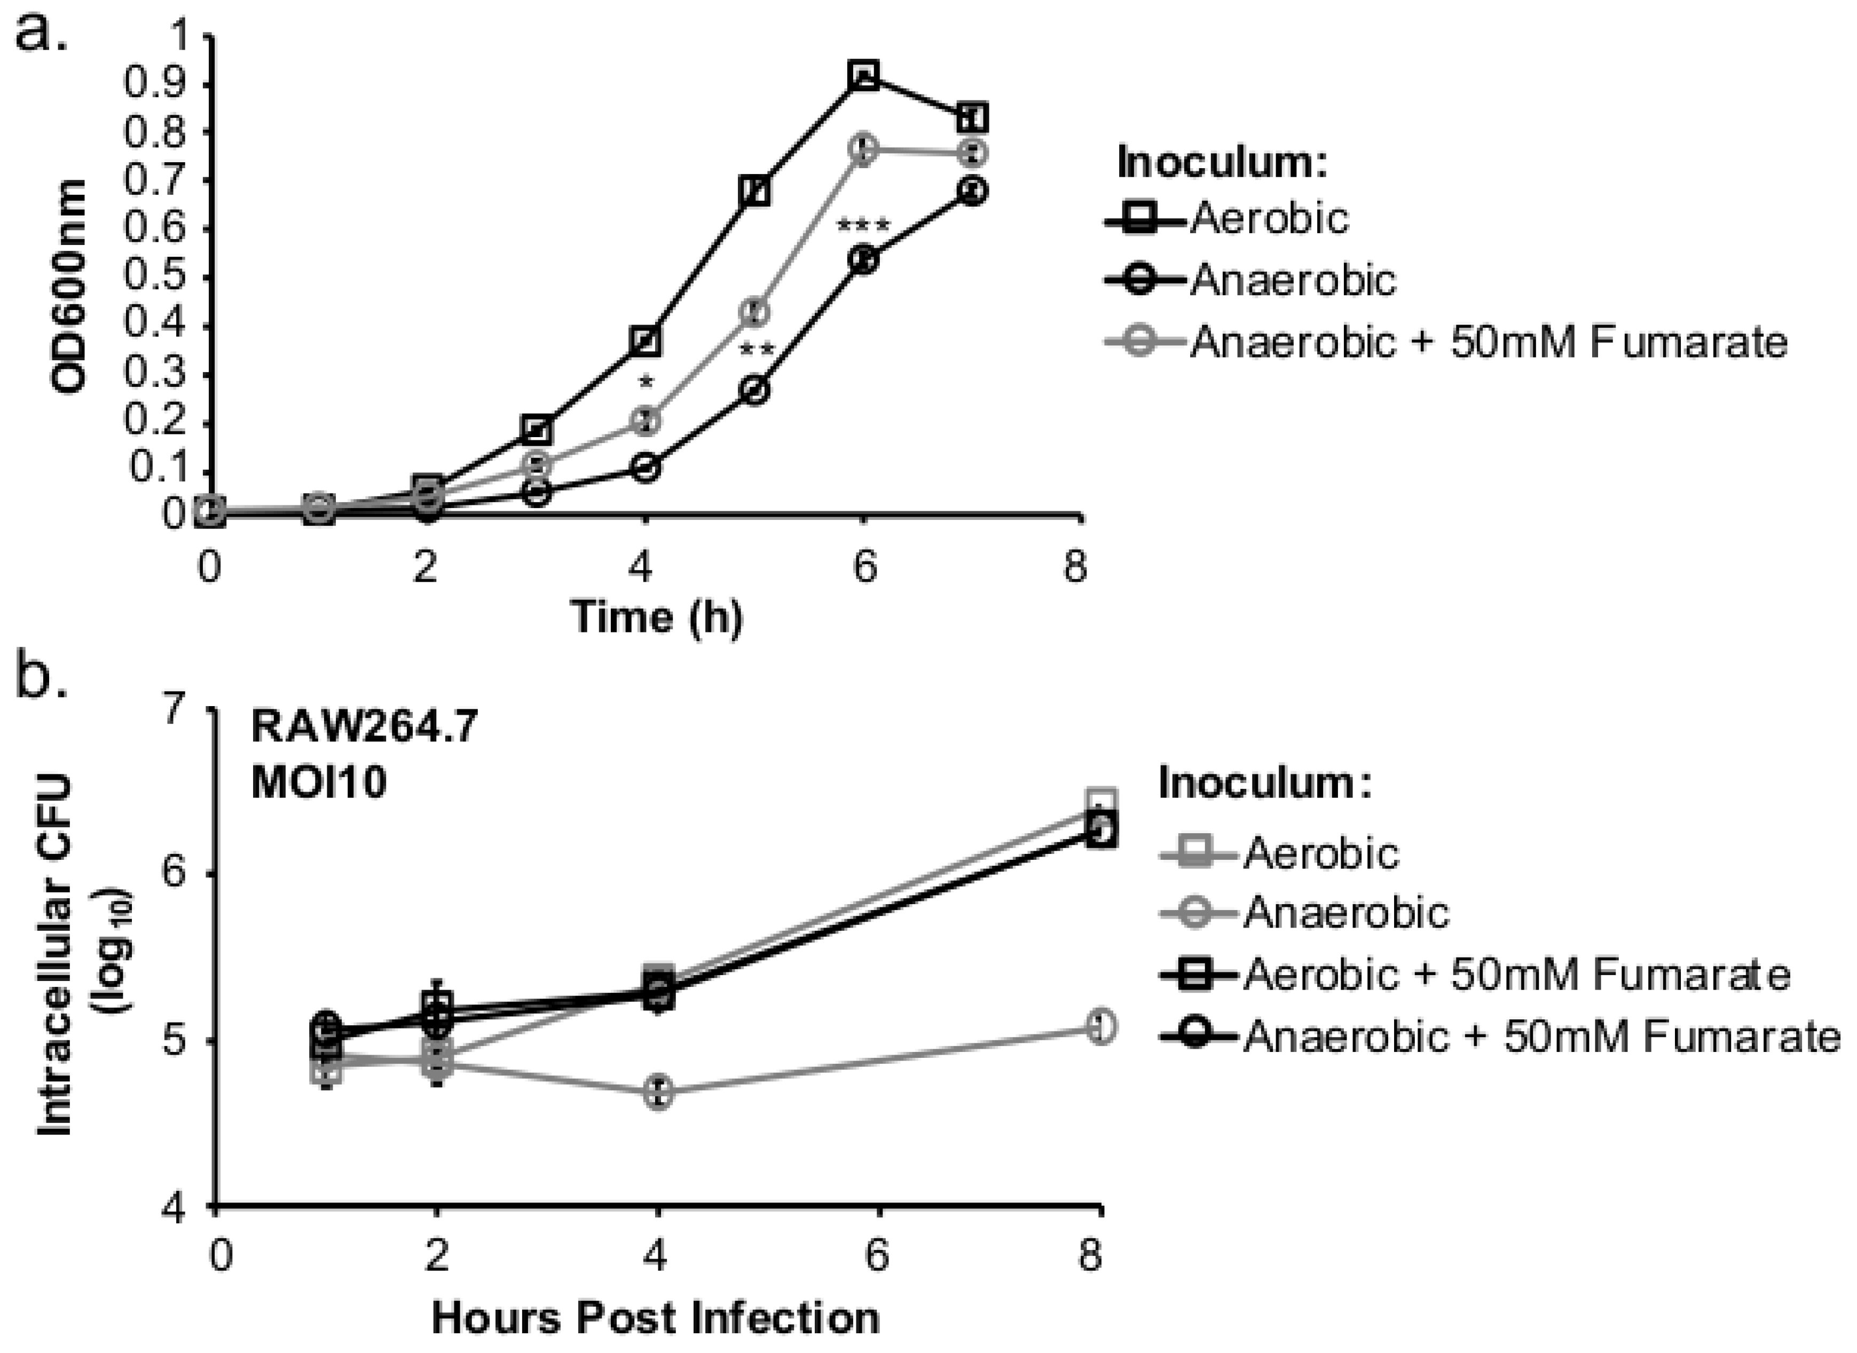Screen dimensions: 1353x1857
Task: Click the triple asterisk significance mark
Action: coord(862,226)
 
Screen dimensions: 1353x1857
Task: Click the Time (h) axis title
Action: coord(657,616)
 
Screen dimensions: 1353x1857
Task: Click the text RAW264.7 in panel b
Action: coord(364,726)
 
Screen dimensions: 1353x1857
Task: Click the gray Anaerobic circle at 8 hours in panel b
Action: coord(1101,1027)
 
